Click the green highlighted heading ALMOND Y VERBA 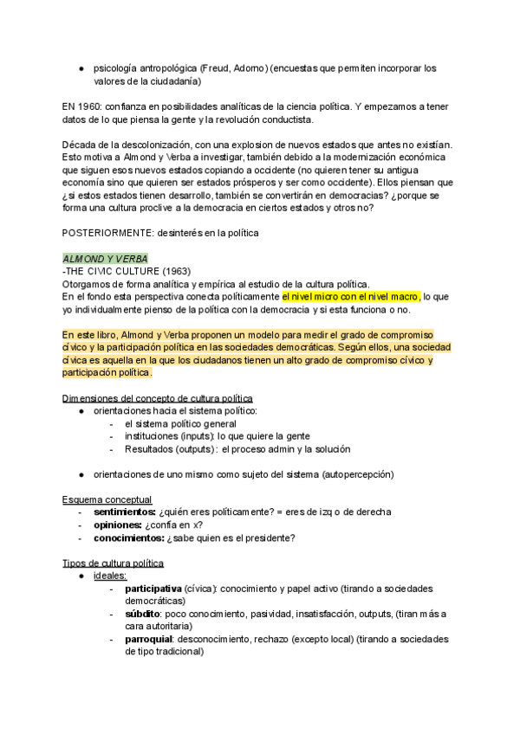(x=105, y=259)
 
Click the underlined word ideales (x=110, y=576)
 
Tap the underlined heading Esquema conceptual (x=107, y=499)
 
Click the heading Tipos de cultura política (x=113, y=563)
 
